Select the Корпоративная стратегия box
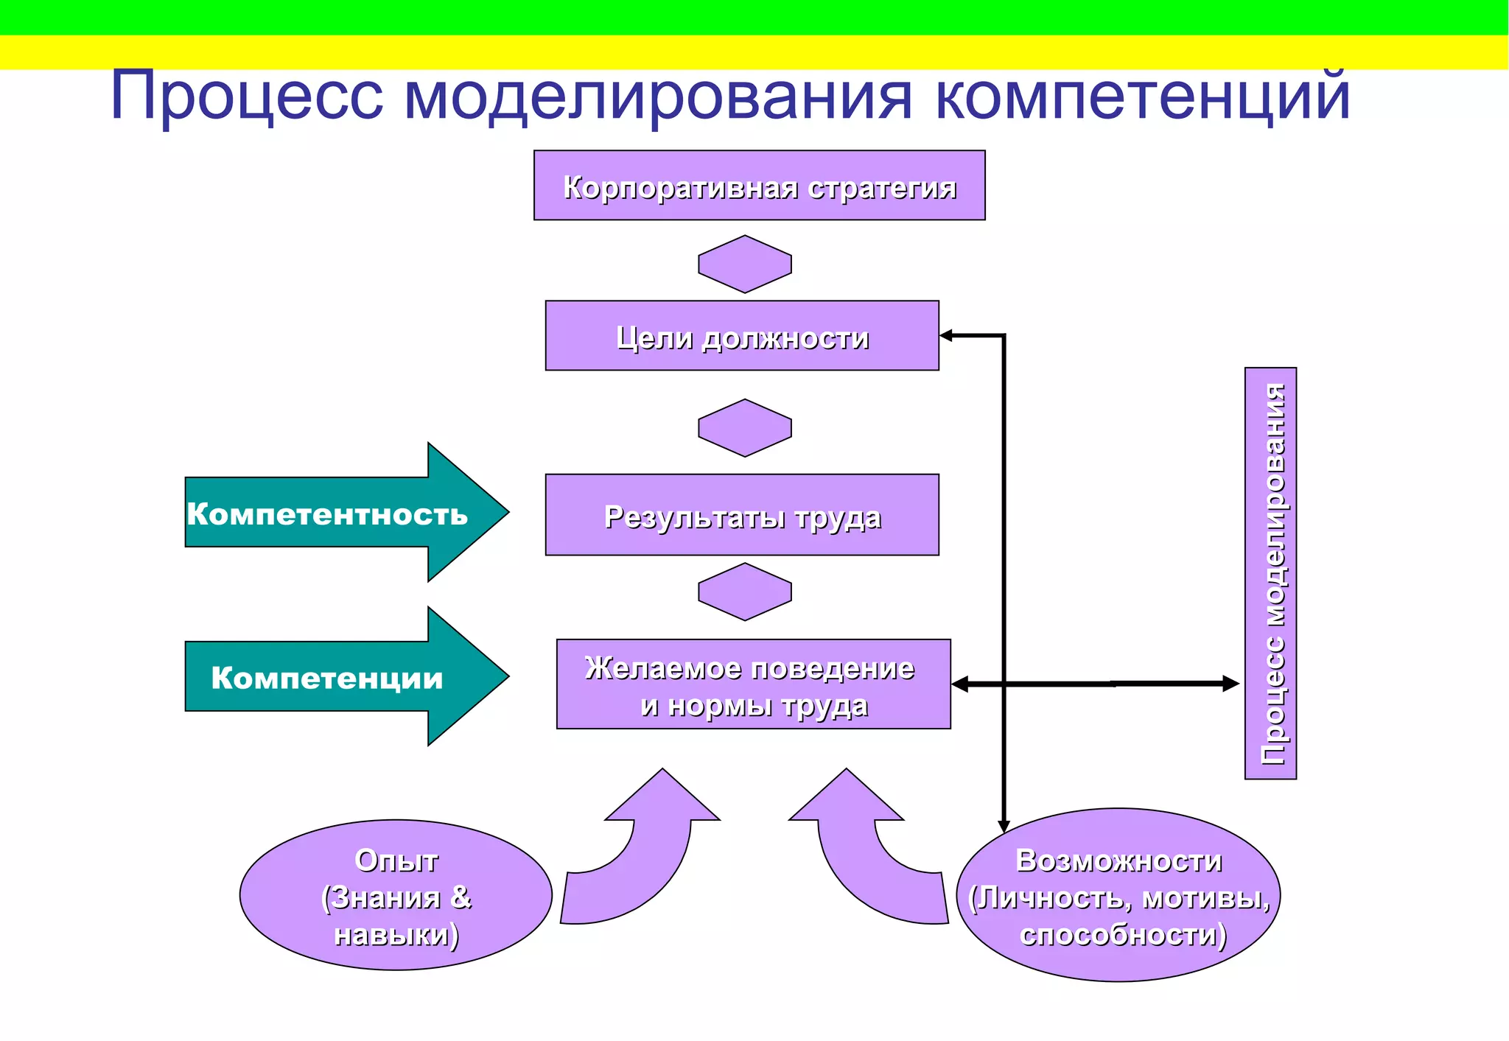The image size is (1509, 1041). (759, 186)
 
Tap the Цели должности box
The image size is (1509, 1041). (742, 336)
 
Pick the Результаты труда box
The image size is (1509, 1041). (742, 515)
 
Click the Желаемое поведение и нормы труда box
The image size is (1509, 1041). (753, 684)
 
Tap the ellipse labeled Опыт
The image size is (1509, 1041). (396, 895)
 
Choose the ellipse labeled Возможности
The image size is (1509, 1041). (1118, 895)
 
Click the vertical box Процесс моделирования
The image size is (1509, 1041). (1270, 573)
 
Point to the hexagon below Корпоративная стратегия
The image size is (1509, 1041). (745, 264)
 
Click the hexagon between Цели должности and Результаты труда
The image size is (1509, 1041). (745, 428)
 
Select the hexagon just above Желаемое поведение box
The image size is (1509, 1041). (745, 592)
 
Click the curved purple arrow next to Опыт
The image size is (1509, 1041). (641, 855)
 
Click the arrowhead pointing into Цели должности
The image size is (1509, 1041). (947, 336)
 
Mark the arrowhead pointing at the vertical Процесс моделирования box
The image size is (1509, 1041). (1230, 684)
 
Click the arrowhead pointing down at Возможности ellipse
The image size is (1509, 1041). (1004, 826)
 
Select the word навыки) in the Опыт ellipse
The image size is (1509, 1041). (396, 934)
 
